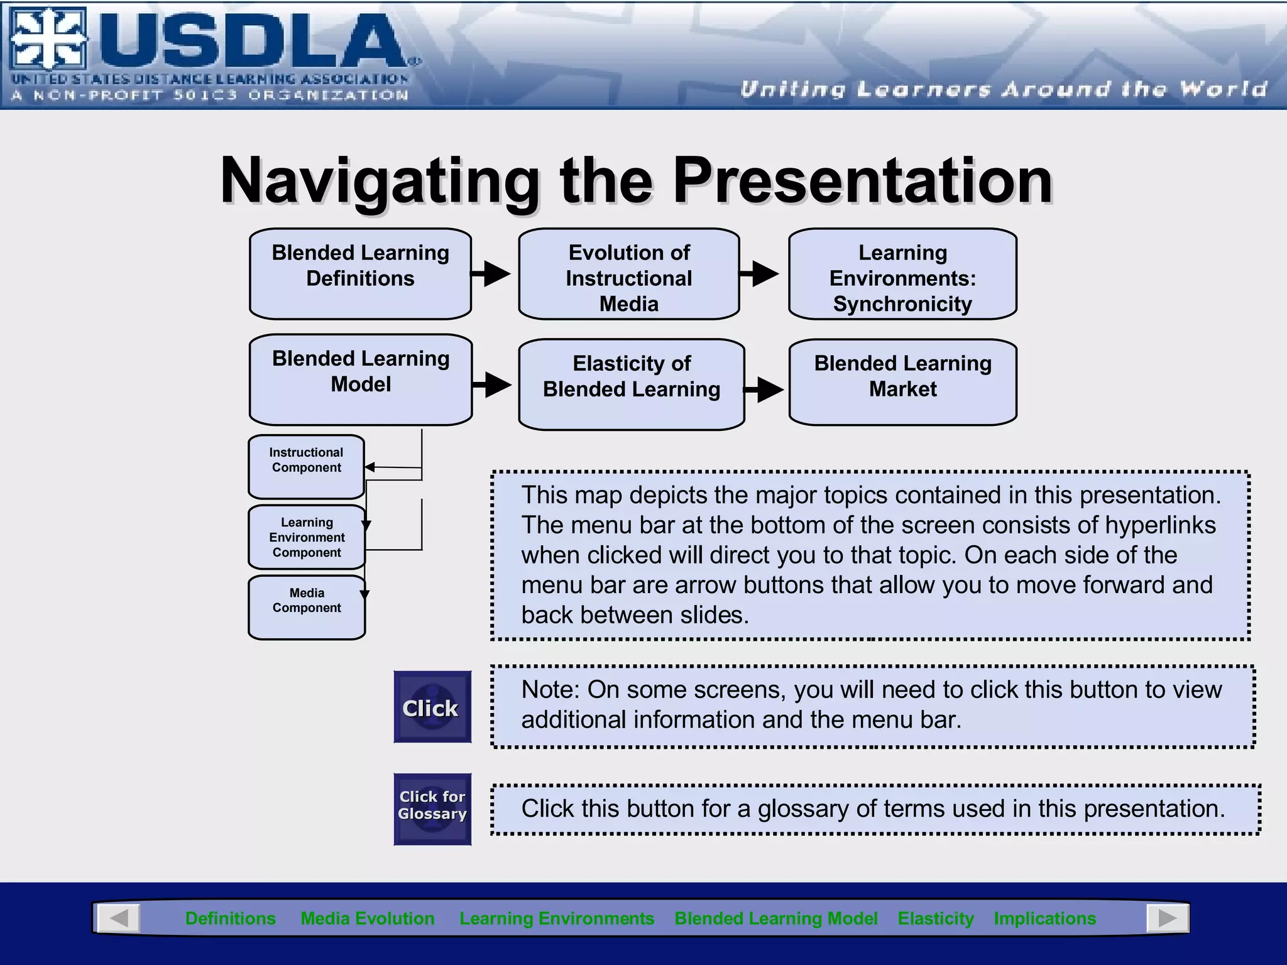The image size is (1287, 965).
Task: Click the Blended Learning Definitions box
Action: click(360, 274)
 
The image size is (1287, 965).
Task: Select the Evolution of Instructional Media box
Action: click(628, 274)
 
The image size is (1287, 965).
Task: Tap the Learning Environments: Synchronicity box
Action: click(902, 274)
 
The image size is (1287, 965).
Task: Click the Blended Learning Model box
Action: click(360, 379)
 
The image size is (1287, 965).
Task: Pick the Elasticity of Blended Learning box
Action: click(632, 384)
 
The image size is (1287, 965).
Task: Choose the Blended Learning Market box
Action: click(902, 382)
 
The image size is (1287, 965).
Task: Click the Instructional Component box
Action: click(306, 467)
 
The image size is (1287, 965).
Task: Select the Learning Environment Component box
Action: click(306, 537)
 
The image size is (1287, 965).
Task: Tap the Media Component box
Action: click(306, 607)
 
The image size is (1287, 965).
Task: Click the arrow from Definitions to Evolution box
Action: click(492, 273)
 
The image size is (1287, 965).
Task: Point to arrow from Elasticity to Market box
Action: click(765, 390)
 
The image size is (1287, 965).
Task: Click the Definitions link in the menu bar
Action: click(230, 919)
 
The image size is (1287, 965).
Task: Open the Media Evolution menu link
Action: click(368, 919)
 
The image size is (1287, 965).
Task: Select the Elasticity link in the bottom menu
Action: click(935, 919)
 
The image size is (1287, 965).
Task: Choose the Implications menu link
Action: click(1044, 919)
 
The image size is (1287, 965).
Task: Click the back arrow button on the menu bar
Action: click(119, 919)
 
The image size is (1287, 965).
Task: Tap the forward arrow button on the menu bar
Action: click(1167, 919)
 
